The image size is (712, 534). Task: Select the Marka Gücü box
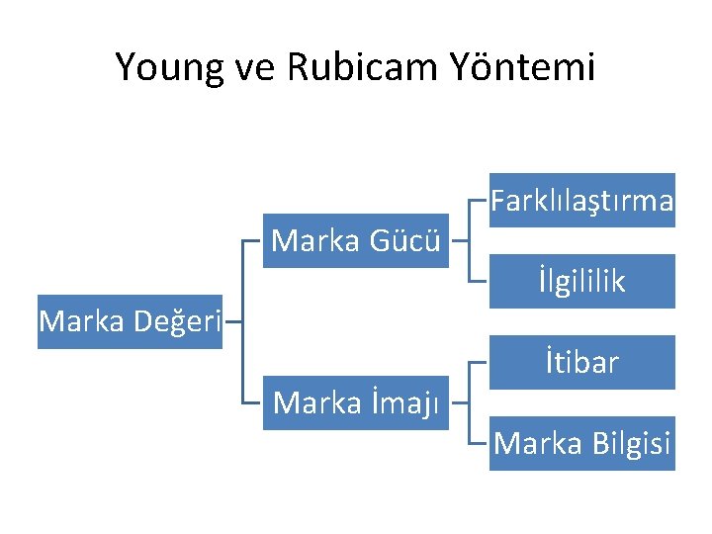click(356, 240)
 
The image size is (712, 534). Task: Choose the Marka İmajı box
click(356, 402)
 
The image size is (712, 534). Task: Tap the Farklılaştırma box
click(582, 201)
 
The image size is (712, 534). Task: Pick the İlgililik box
click(582, 282)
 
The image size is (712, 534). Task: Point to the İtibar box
click(582, 363)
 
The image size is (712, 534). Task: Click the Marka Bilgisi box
click(582, 444)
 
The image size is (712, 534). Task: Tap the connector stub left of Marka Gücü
click(252, 240)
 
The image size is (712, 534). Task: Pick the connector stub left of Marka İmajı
click(252, 402)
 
